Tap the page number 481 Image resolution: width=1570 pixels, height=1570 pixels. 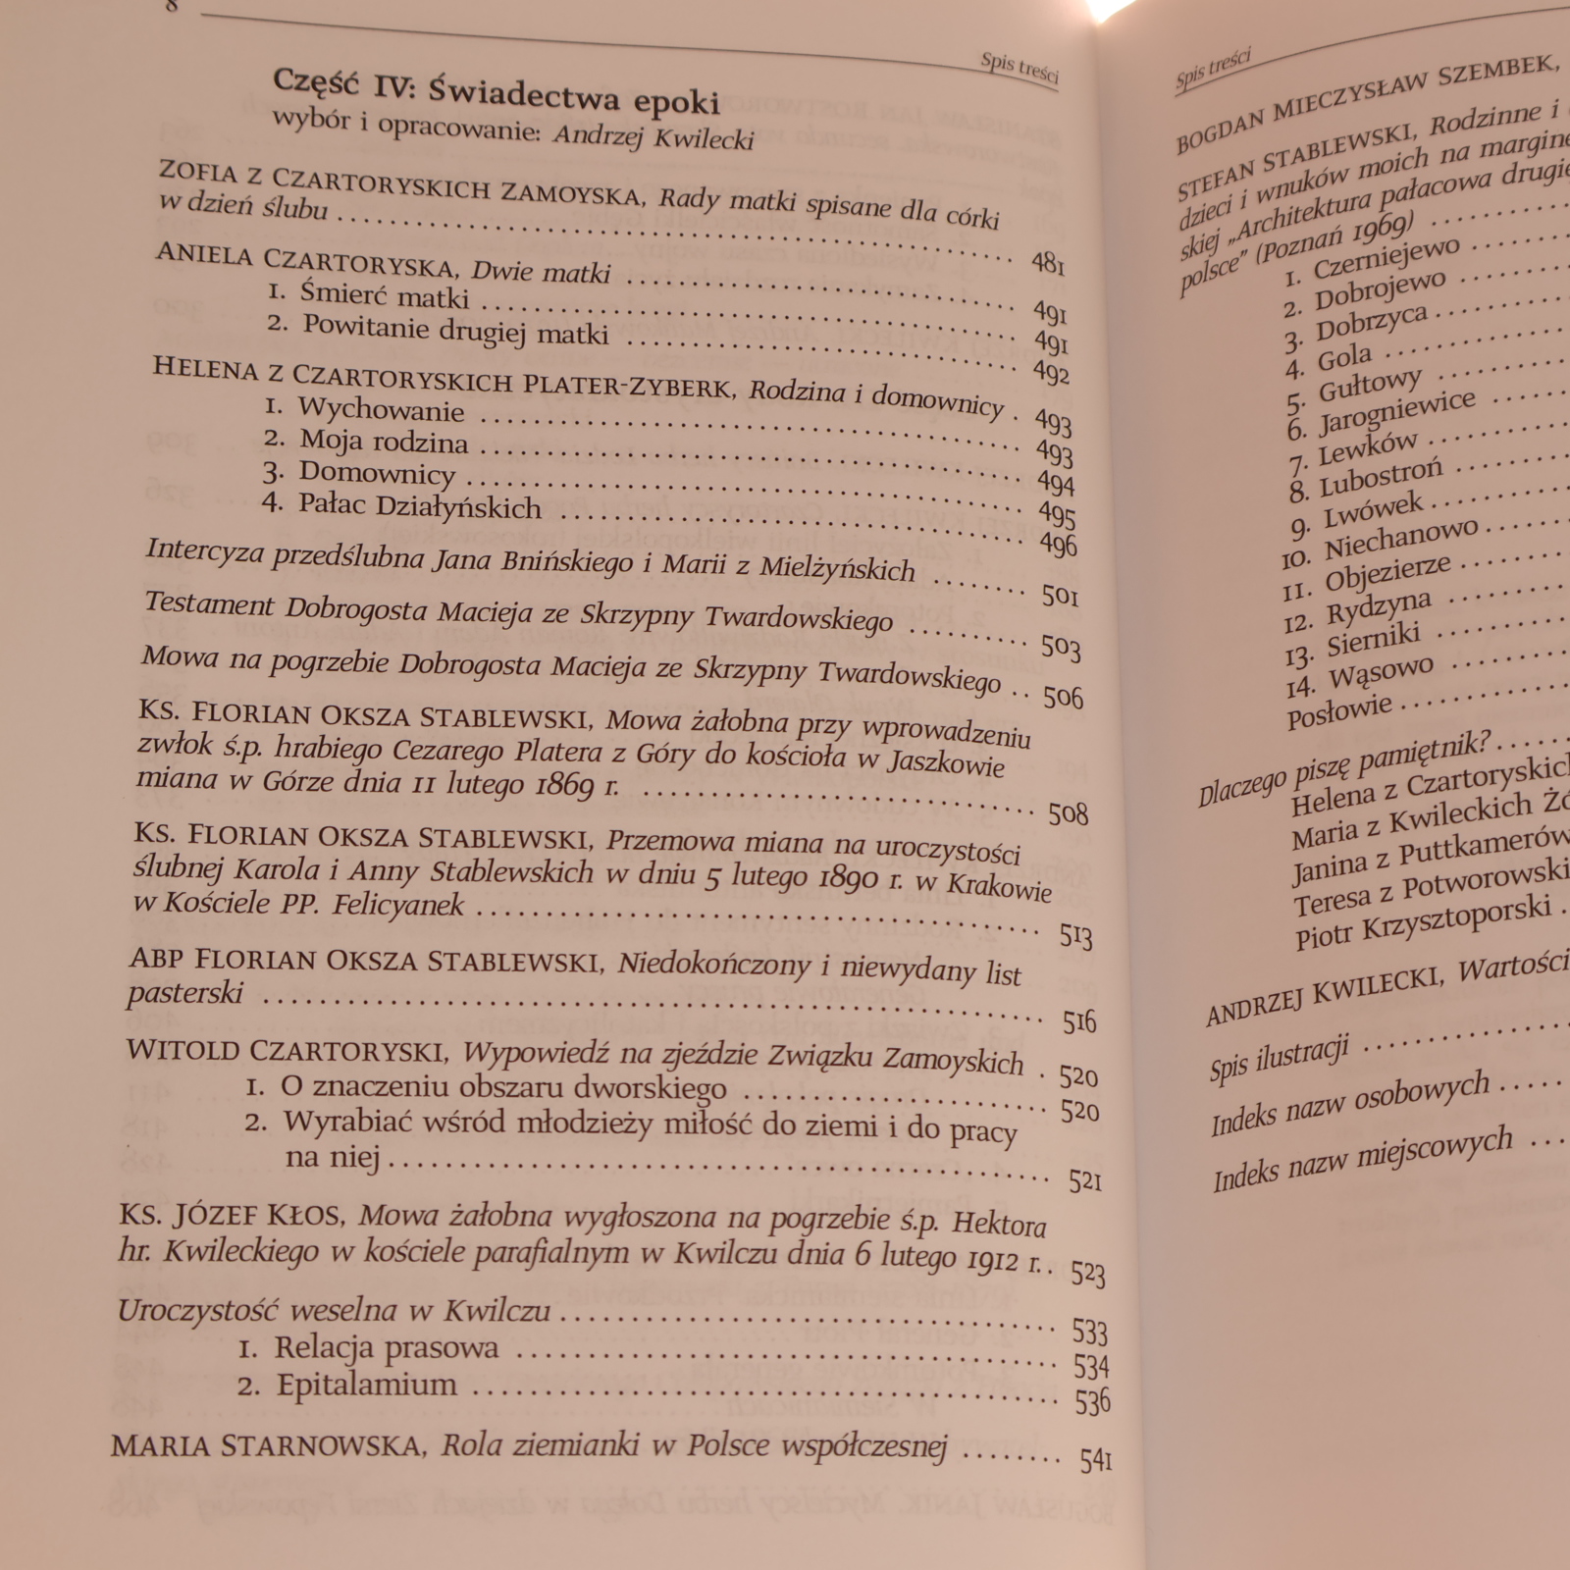point(1047,263)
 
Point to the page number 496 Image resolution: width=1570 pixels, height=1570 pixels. point(1059,545)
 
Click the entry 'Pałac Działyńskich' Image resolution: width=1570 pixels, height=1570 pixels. point(420,506)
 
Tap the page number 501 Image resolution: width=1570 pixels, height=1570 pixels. point(1060,596)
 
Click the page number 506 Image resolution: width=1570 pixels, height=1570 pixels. point(1063,697)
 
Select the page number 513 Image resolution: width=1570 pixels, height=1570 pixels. point(1075,936)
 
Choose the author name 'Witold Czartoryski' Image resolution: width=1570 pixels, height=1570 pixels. point(288,1051)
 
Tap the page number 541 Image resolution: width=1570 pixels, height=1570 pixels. point(1095,1461)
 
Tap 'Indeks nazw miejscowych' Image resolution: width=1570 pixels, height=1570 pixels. point(1361,1161)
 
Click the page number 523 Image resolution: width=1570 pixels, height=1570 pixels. point(1087,1274)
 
